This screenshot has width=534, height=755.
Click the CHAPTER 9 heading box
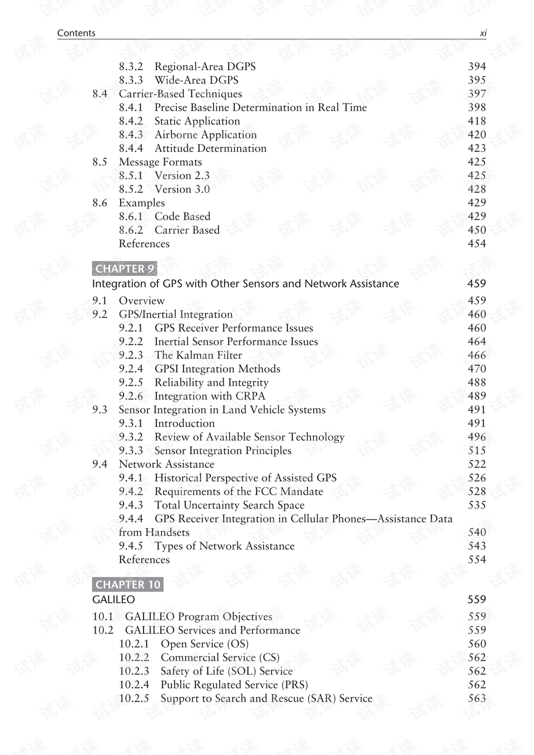point(125,269)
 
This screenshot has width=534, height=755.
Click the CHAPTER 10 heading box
point(128,584)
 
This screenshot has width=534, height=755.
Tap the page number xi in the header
point(483,33)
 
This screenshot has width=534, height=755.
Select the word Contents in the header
point(76,33)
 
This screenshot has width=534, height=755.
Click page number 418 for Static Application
point(477,121)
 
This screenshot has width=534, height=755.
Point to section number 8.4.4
point(131,149)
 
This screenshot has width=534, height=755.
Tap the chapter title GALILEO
point(113,600)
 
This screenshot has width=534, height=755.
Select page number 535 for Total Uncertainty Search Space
point(477,505)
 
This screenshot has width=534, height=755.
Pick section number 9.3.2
point(131,437)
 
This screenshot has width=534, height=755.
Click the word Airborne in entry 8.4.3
point(177,135)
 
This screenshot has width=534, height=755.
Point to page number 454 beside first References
point(477,244)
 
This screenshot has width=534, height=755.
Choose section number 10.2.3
point(134,672)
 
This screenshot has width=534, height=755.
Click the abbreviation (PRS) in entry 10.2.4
point(295,685)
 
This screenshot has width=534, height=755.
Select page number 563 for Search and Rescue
point(477,699)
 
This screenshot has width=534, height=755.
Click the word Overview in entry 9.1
point(142,301)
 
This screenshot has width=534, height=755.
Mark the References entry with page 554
point(144,560)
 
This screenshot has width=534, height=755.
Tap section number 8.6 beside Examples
point(100,203)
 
